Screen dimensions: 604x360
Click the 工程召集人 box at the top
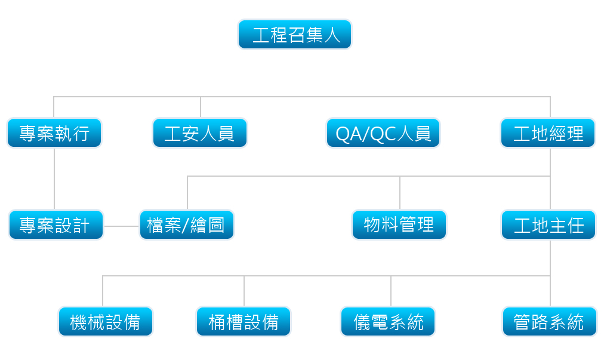point(295,34)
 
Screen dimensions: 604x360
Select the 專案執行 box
point(54,133)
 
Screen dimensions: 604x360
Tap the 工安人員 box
point(200,133)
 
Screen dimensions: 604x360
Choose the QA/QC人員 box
point(383,133)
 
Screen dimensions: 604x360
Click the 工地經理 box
point(548,133)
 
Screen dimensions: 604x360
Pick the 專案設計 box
point(56,224)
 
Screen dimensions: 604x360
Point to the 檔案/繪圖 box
point(187,224)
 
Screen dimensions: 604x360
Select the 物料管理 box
point(399,224)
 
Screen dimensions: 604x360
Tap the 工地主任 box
point(548,224)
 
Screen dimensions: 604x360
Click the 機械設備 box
point(106,321)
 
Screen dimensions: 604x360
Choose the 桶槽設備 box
point(244,321)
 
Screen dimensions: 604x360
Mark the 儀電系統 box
point(388,321)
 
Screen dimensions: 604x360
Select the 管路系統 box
point(550,321)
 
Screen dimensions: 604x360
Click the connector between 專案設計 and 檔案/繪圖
point(122,226)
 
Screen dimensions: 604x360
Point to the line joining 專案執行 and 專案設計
point(54,179)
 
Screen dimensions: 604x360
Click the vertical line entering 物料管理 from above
point(400,193)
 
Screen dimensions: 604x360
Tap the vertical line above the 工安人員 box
point(201,107)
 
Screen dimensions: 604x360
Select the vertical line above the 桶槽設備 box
point(244,291)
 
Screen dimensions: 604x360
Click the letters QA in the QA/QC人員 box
point(348,134)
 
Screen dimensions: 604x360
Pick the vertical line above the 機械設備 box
point(103,291)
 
